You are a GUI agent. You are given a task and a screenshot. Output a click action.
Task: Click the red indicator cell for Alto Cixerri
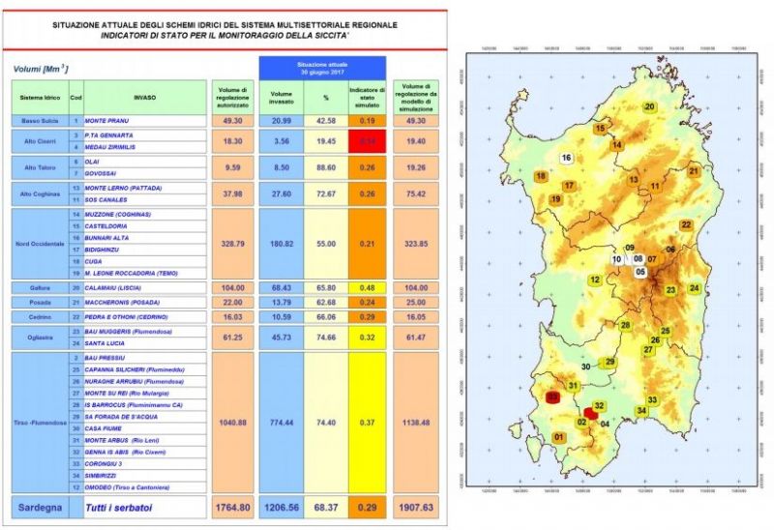point(367,141)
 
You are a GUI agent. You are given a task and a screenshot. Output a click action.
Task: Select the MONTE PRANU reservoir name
point(107,120)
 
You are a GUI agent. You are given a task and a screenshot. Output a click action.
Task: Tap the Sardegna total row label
point(40,507)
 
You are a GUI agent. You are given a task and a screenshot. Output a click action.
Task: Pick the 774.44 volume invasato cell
point(282,423)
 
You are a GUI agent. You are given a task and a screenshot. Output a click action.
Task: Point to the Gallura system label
point(40,287)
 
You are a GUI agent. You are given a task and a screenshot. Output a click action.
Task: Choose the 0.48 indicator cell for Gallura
point(367,287)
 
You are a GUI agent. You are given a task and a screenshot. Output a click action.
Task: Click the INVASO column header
point(144,97)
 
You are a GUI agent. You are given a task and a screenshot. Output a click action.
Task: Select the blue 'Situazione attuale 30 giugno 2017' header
point(321,68)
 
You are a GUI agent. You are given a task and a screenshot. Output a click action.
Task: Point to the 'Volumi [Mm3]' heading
point(40,69)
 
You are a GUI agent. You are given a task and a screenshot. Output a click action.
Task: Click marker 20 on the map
point(649,106)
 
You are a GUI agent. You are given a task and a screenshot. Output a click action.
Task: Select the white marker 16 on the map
point(566,158)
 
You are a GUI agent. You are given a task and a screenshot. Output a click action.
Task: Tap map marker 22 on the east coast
point(686,224)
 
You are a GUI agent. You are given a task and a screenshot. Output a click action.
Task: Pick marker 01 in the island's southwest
point(557,437)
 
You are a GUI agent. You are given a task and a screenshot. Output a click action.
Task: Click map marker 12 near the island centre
point(595,280)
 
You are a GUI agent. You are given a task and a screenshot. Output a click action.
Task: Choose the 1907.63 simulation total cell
point(420,507)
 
